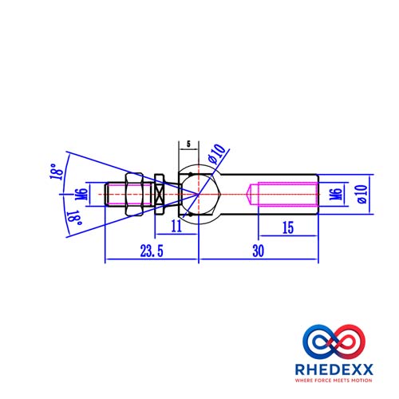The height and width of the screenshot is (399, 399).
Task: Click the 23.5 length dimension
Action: click(152, 251)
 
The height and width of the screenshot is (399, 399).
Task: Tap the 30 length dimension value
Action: click(259, 251)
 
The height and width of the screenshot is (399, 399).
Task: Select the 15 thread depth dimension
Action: click(288, 227)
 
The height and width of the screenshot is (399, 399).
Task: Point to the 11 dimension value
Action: click(176, 227)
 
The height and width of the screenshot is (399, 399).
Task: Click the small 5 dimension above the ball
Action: click(188, 144)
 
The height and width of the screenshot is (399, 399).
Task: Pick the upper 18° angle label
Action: click(57, 172)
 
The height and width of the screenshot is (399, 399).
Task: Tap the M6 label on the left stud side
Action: click(81, 195)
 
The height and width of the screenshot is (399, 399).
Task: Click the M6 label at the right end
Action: click(336, 195)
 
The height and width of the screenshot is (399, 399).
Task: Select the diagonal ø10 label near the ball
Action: click(216, 154)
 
